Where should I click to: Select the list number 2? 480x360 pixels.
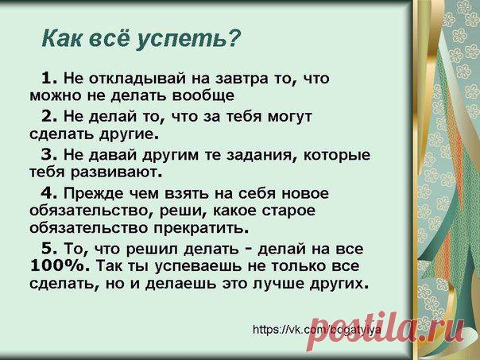(x=49, y=116)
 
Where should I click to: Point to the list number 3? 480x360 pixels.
(x=49, y=155)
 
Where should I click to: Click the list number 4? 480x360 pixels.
(x=49, y=193)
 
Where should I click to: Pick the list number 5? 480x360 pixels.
(x=49, y=248)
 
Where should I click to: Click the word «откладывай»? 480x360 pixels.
(x=137, y=79)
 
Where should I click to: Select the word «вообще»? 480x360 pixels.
(x=203, y=95)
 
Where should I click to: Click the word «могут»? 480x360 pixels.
(x=290, y=118)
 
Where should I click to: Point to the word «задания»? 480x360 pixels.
(x=262, y=156)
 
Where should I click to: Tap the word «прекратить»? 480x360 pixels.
(x=200, y=229)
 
